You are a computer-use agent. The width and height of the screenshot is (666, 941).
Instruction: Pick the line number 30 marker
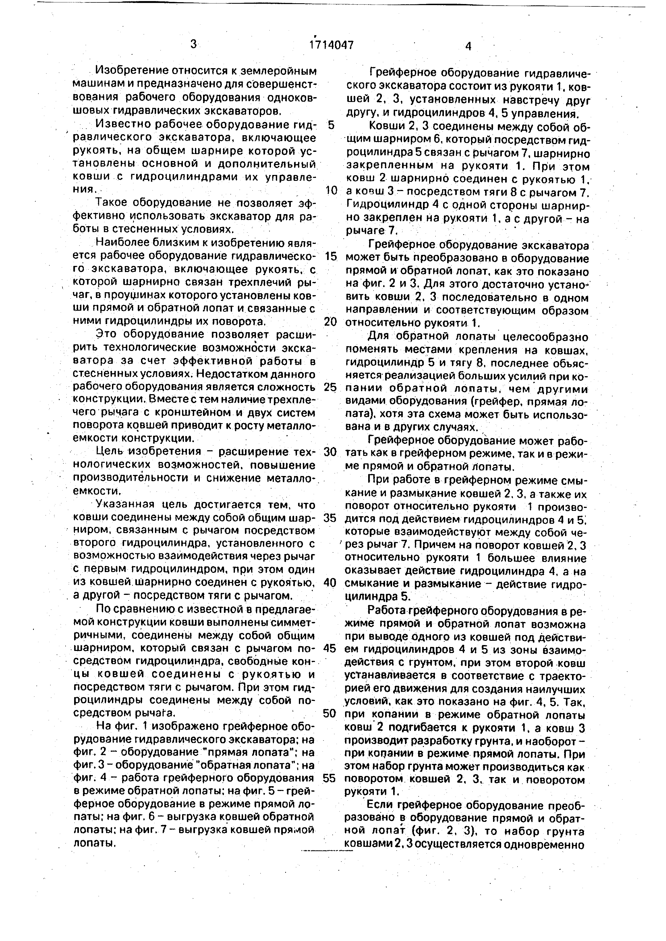point(330,452)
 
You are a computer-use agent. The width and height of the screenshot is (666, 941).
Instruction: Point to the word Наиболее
point(121,243)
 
